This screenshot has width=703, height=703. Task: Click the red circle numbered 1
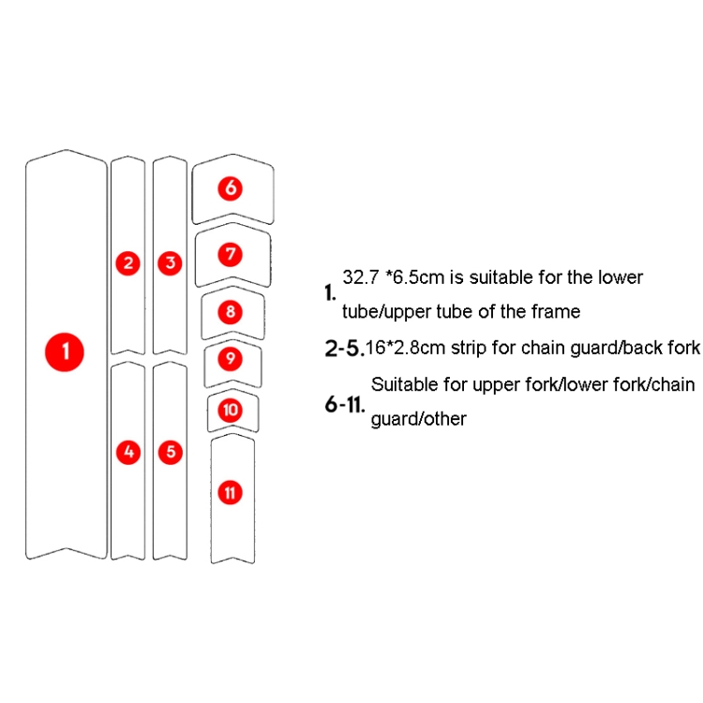[x=65, y=352]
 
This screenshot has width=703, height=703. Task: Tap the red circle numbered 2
[x=129, y=263]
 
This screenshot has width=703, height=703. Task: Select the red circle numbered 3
[x=170, y=263]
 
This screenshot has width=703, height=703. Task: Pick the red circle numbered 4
[x=129, y=452]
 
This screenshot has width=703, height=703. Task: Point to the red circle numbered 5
[x=170, y=452]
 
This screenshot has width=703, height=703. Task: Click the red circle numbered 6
[x=231, y=188]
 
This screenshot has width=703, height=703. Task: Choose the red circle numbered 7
[x=231, y=253]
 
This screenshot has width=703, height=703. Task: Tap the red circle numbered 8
[x=231, y=311]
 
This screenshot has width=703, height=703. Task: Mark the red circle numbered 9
[x=231, y=358]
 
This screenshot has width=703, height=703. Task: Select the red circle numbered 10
[x=231, y=410]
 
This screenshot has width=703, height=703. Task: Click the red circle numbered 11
[x=231, y=491]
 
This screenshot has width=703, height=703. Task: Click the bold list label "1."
[x=330, y=293]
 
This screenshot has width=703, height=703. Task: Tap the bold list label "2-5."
[x=344, y=350]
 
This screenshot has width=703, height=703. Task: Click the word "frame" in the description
[x=556, y=311]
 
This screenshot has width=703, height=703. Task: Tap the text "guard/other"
[x=418, y=419]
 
